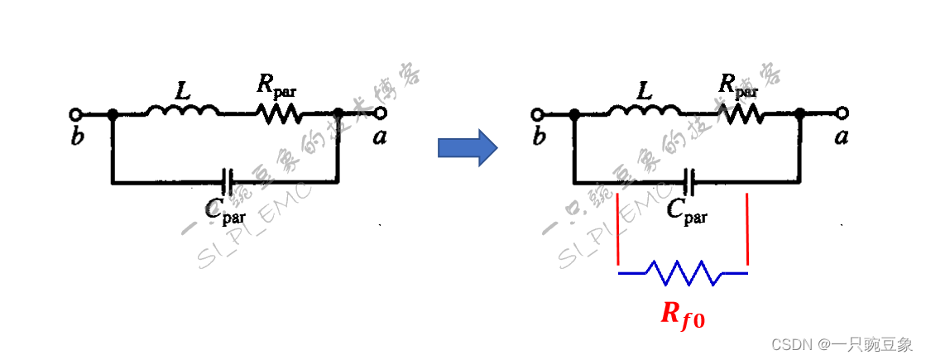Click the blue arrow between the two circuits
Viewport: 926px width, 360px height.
click(x=467, y=148)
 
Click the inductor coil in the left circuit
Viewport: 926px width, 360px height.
click(x=182, y=110)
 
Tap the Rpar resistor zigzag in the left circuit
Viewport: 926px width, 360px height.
click(x=279, y=113)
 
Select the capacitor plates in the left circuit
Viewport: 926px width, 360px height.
click(x=228, y=179)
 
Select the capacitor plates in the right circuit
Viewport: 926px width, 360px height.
click(x=690, y=179)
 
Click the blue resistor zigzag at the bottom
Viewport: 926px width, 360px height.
click(x=684, y=271)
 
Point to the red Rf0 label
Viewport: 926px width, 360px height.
click(x=683, y=314)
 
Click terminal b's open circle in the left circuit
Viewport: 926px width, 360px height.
click(x=76, y=113)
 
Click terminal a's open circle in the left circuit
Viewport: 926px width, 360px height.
click(x=380, y=113)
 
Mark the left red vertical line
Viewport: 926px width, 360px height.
click(x=619, y=232)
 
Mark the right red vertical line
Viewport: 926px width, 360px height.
click(x=747, y=232)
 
